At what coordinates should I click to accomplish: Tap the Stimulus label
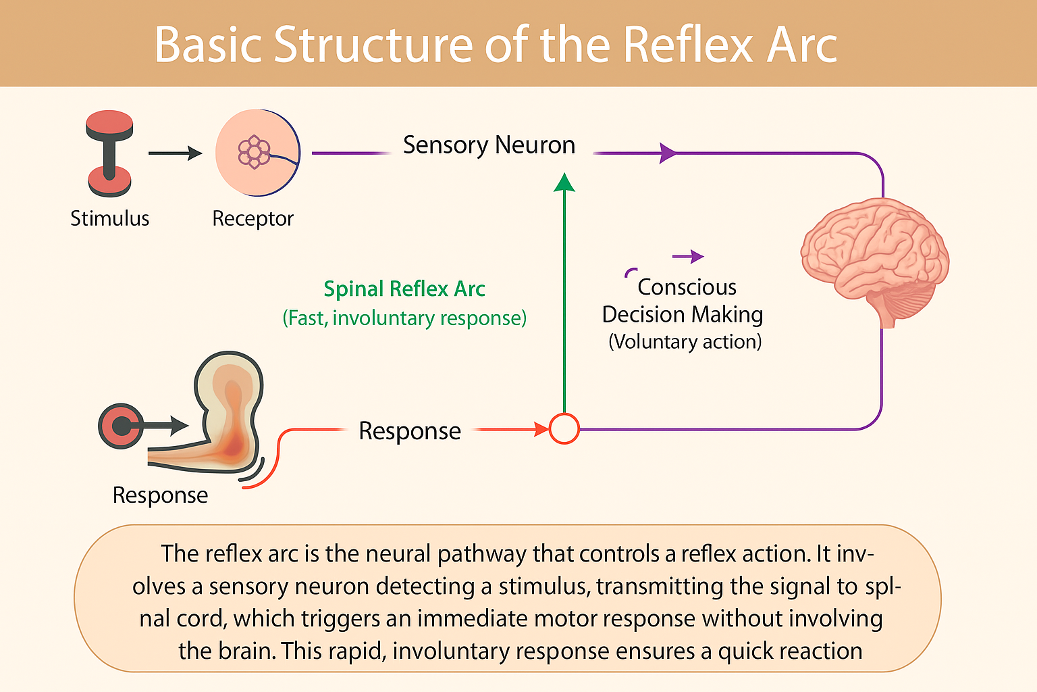point(110,218)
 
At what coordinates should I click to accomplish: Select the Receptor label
point(252,219)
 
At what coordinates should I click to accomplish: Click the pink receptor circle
point(258,153)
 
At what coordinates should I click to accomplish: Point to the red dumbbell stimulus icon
point(110,153)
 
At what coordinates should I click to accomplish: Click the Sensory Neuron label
point(489,145)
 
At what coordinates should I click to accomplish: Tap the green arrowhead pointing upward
point(564,182)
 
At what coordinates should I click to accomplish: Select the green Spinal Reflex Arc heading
point(404,289)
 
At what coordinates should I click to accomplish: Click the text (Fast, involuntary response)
point(404,318)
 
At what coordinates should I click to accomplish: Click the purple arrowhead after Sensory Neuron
point(668,153)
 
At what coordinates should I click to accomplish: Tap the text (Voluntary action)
point(685,341)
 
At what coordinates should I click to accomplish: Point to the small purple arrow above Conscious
point(688,256)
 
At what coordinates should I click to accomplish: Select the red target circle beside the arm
point(121,426)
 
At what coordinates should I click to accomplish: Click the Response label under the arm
point(160,495)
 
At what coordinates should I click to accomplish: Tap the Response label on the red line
point(410,431)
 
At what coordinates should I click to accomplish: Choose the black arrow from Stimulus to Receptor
point(175,153)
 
